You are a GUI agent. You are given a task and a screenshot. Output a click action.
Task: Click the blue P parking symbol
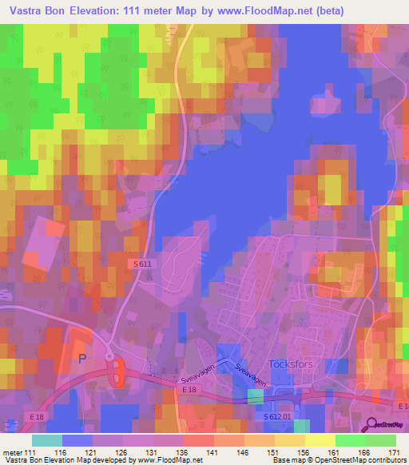tap(81, 359)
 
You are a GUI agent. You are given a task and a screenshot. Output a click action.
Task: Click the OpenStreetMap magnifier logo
tap(371, 425)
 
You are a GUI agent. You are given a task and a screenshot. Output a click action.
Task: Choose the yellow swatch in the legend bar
tap(320, 440)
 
